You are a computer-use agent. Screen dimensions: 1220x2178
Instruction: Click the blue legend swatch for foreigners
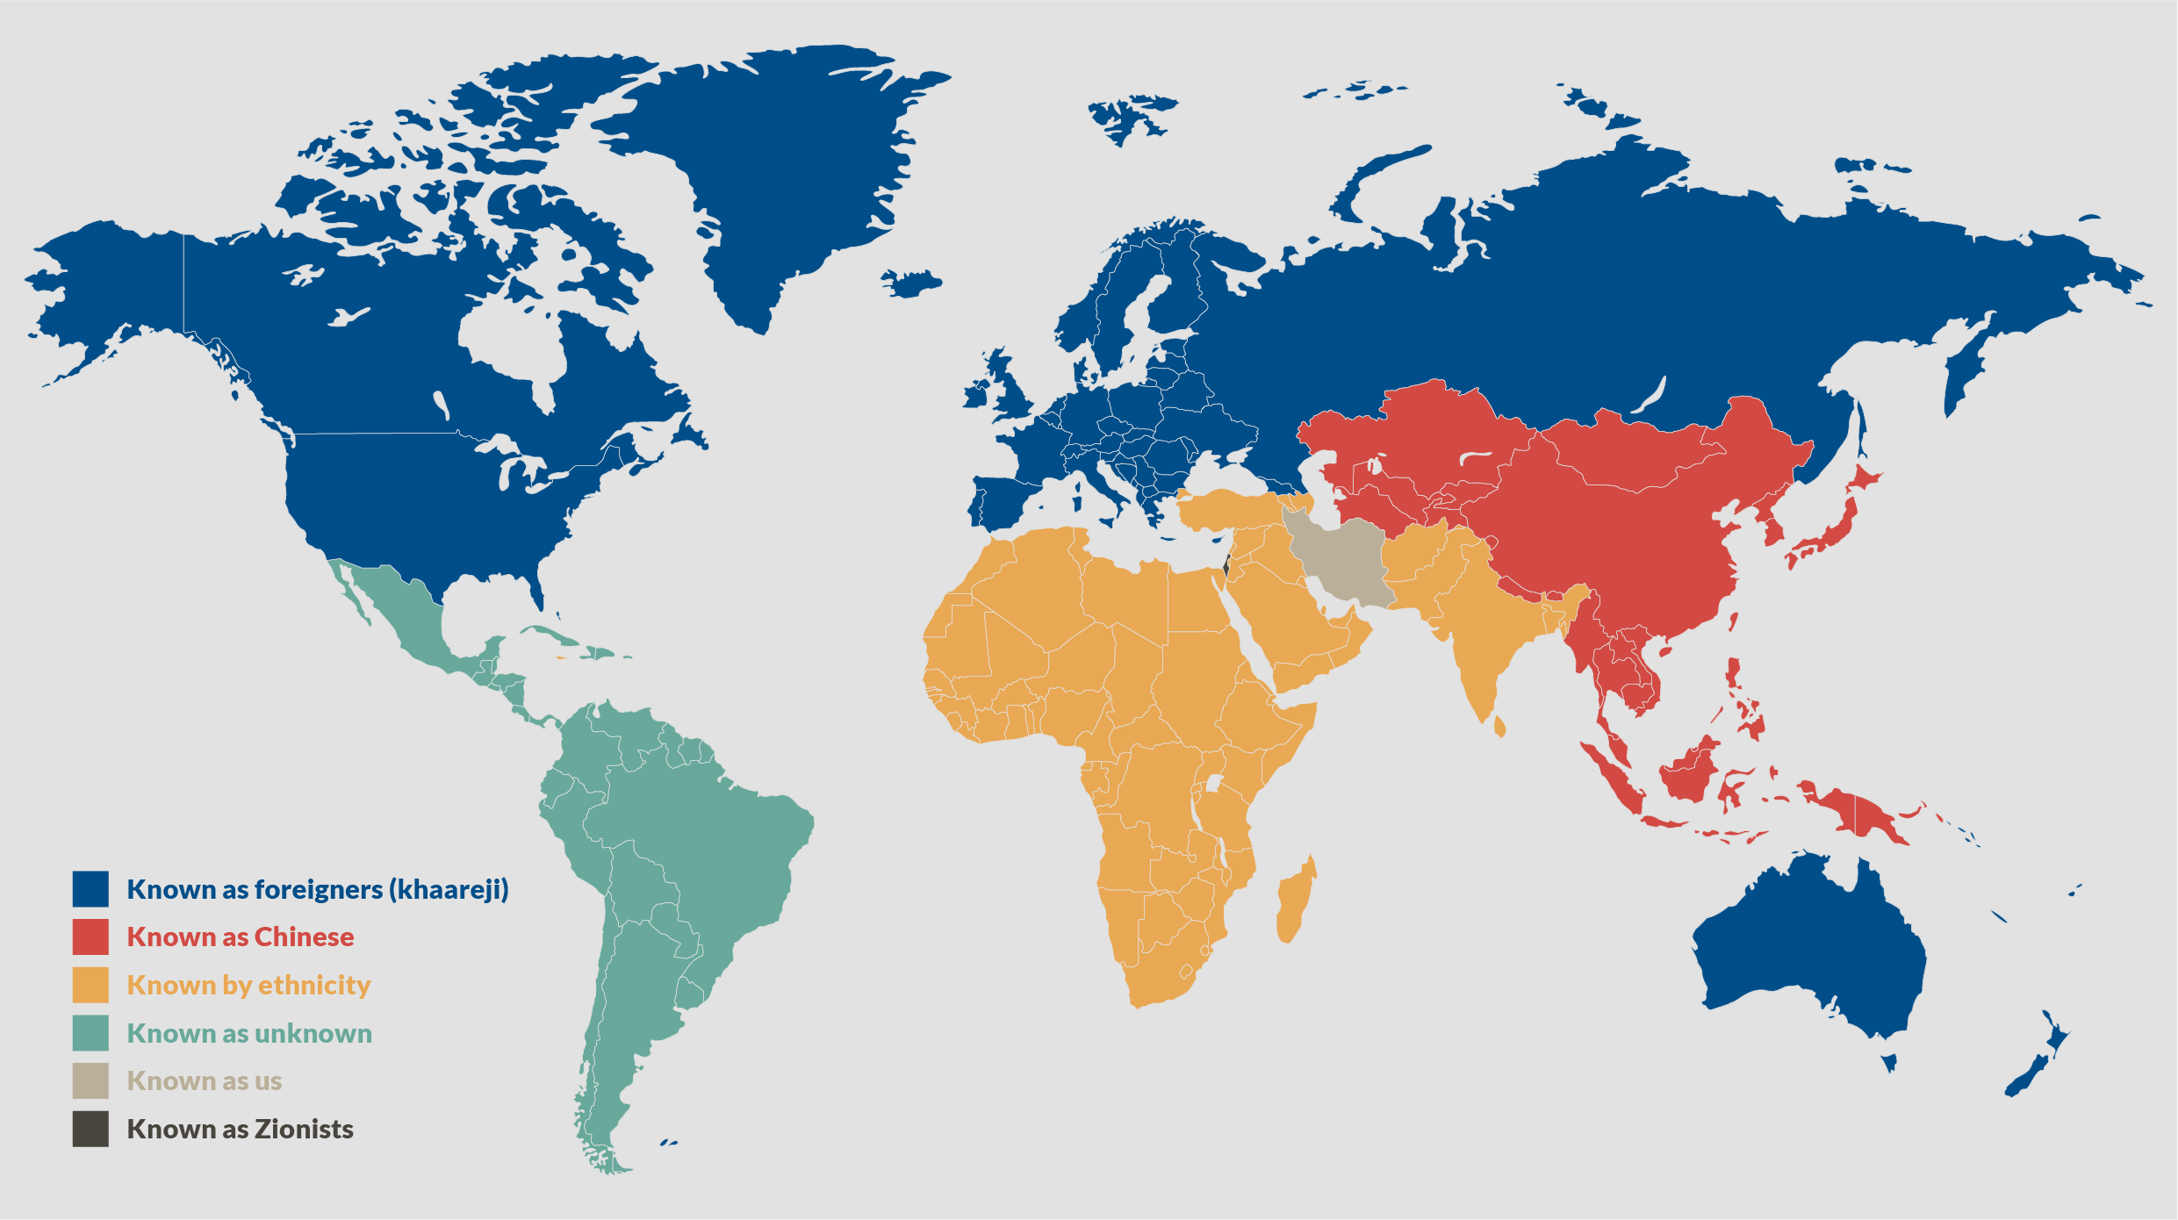90,888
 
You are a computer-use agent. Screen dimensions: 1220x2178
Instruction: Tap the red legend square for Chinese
90,937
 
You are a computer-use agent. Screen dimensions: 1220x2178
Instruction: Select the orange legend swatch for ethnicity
90,985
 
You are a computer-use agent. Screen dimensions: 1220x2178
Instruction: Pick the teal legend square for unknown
90,1033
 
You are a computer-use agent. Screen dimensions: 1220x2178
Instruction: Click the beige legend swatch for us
90,1080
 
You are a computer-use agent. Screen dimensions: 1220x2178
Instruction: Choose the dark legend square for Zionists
90,1129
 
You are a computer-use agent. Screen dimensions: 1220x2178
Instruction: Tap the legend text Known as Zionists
240,1129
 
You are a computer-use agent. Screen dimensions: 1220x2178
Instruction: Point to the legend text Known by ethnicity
248,985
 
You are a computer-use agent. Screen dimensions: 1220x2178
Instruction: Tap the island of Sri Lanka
1499,727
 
